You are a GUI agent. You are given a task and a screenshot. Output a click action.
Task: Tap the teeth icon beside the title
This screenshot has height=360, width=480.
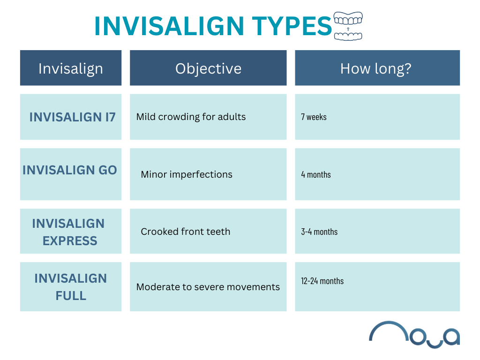click(x=348, y=26)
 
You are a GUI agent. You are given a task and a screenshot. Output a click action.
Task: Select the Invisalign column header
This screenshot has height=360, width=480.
click(x=71, y=68)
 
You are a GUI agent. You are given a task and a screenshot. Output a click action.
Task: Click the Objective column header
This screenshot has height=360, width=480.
click(x=208, y=68)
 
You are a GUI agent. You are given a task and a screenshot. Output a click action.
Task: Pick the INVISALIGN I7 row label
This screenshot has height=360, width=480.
click(x=72, y=117)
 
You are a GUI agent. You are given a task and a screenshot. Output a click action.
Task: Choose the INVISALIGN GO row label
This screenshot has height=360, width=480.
click(x=70, y=170)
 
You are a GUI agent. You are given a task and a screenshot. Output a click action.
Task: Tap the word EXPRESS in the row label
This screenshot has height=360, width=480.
click(x=70, y=241)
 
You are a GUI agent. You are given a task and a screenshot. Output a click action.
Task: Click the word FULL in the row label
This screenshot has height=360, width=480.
click(x=71, y=296)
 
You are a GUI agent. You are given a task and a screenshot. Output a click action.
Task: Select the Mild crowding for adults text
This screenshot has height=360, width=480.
click(x=191, y=117)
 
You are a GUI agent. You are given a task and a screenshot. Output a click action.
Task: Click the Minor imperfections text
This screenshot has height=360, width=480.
click(x=187, y=174)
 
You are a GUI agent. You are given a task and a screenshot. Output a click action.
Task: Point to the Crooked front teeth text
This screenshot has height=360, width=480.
click(x=186, y=232)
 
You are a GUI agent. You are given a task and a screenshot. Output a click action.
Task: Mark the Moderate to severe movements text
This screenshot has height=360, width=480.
click(x=208, y=287)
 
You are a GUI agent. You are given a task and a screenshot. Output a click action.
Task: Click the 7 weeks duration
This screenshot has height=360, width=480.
click(x=314, y=117)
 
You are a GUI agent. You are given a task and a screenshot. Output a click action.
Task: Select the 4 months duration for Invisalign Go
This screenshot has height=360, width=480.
click(x=316, y=175)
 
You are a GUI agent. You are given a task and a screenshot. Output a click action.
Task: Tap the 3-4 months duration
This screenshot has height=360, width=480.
click(x=319, y=232)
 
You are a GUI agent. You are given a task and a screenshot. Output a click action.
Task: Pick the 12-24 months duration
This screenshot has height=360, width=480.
click(x=322, y=281)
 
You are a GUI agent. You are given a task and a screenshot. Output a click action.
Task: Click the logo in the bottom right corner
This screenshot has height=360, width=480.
click(x=414, y=334)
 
